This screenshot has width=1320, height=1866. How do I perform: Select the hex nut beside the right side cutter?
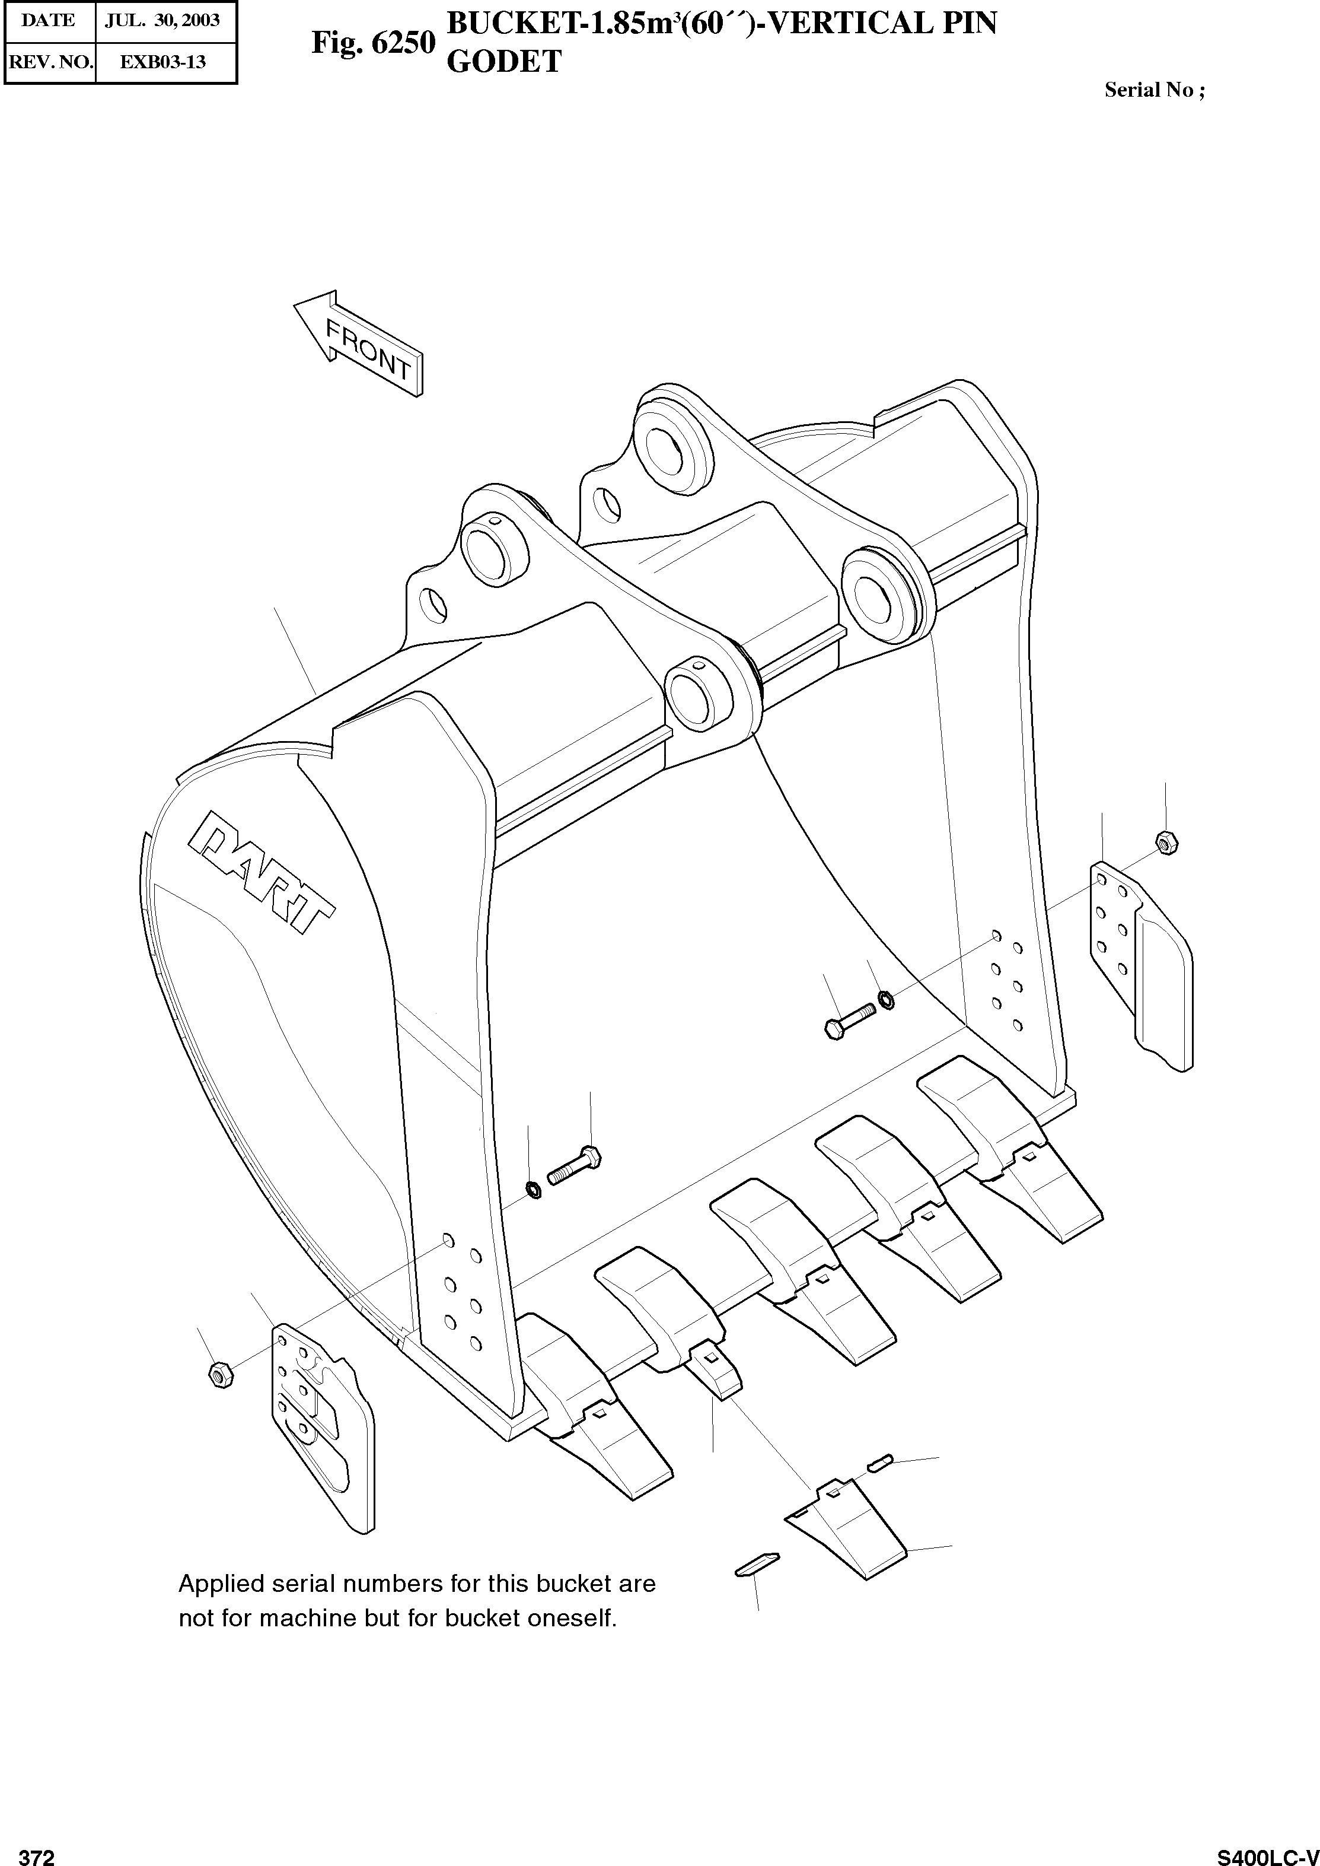[1164, 843]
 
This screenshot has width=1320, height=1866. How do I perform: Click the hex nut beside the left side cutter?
[220, 1374]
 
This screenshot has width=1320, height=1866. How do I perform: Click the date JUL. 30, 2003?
[162, 20]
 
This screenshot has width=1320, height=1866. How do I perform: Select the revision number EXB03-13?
[162, 62]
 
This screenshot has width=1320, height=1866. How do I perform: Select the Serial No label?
[1154, 90]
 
